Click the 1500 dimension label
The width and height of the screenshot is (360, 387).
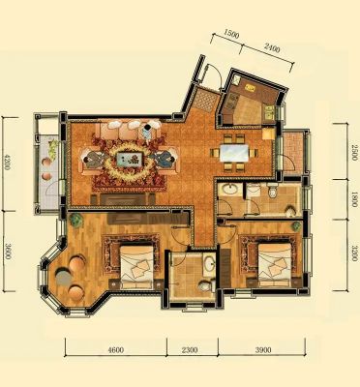[231, 34]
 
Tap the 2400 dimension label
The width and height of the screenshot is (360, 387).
[272, 47]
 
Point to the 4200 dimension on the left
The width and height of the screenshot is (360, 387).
[7, 164]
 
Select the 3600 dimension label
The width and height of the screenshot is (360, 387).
[8, 252]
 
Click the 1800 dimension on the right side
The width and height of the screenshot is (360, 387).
[354, 200]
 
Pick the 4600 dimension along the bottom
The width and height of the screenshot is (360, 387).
[115, 349]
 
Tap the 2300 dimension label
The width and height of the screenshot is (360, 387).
[190, 349]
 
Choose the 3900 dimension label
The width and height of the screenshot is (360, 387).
[263, 349]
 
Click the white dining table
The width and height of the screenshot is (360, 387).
[234, 153]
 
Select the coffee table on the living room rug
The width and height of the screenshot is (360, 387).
[130, 159]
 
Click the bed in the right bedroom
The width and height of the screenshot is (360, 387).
[275, 264]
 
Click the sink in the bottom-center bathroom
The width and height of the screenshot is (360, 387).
[210, 264]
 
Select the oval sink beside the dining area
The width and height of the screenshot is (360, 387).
[229, 190]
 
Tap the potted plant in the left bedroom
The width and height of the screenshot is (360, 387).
[76, 221]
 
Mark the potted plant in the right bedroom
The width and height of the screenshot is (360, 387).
[296, 225]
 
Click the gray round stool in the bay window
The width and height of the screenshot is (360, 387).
[64, 277]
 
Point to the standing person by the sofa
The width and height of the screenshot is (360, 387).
[147, 134]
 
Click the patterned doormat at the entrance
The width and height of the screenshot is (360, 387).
[205, 100]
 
